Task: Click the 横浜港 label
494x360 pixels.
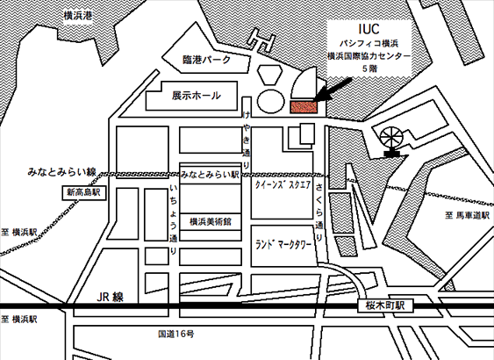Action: click(x=78, y=16)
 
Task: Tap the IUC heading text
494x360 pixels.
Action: click(x=369, y=29)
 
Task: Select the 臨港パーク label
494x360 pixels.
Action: click(x=207, y=60)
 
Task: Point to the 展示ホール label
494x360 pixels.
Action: click(x=196, y=96)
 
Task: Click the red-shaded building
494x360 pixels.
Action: click(x=303, y=107)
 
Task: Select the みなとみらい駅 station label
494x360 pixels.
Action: click(x=210, y=175)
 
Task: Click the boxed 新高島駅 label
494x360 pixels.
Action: click(x=83, y=192)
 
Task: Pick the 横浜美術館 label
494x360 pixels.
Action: click(x=211, y=222)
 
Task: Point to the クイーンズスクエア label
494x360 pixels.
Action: click(x=283, y=184)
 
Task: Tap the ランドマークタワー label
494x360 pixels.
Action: click(x=283, y=245)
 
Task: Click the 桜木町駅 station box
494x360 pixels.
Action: click(x=385, y=306)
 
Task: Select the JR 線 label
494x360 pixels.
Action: click(x=110, y=297)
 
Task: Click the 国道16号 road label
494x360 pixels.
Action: click(x=176, y=334)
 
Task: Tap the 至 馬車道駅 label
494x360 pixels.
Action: click(x=468, y=216)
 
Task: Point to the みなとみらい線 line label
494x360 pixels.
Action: click(x=61, y=172)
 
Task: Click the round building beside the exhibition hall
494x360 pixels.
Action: click(x=271, y=101)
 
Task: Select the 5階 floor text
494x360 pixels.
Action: click(x=369, y=68)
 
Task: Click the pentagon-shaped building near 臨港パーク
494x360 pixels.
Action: click(x=270, y=75)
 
